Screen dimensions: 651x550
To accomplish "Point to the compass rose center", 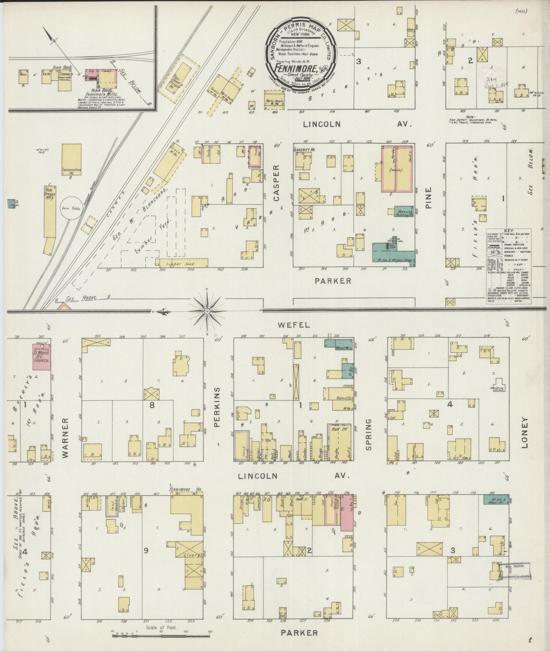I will click(207, 312).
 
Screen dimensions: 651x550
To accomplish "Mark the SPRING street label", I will click(368, 434).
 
